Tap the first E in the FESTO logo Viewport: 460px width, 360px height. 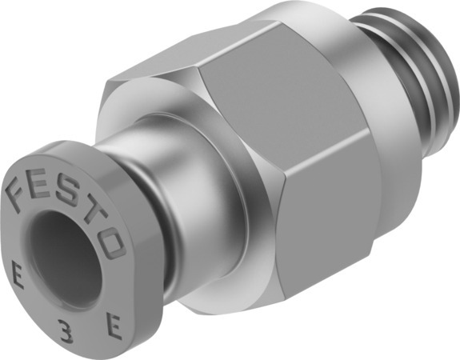42,176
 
